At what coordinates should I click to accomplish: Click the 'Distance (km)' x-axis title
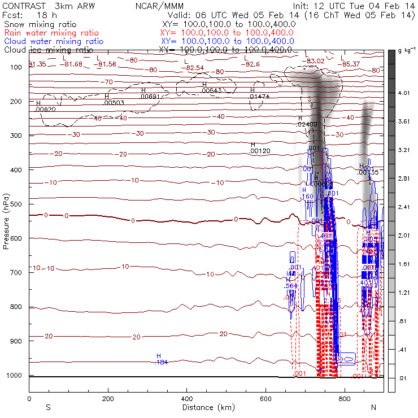click(x=206, y=407)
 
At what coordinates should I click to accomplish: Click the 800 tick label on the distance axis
click(x=344, y=399)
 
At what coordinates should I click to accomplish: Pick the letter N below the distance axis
click(x=373, y=407)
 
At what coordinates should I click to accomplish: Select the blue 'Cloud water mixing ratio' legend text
click(x=54, y=41)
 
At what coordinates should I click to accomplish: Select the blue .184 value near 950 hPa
click(x=160, y=362)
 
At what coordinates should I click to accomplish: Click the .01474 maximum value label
click(x=259, y=97)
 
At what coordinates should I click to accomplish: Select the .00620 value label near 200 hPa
click(x=45, y=108)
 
